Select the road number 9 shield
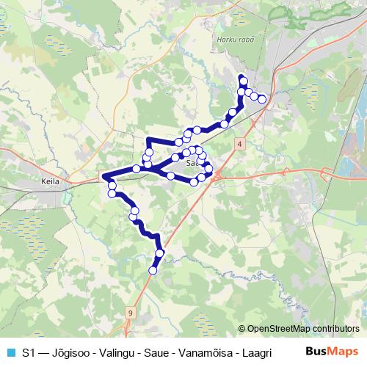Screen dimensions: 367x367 [x=130, y=312]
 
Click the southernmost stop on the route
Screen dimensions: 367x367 [x=153, y=270]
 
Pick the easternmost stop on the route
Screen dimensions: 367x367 [x=262, y=99]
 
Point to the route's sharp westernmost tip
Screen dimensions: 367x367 [x=103, y=177]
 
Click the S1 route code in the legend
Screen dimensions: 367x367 [x=28, y=352]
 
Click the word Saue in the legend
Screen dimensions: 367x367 [x=150, y=352]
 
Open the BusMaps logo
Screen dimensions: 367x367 [x=332, y=352]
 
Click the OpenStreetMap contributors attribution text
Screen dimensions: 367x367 [x=304, y=328]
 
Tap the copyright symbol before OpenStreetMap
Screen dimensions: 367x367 [x=243, y=328]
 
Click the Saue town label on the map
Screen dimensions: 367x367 [x=193, y=164]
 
